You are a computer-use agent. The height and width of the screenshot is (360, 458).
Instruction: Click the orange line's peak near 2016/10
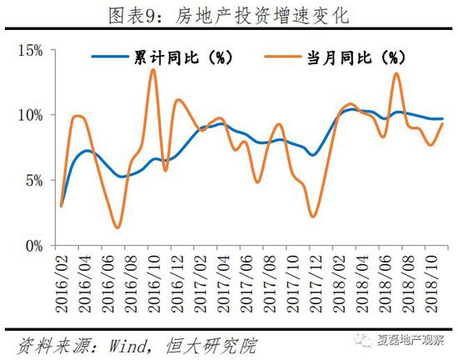point(153,70)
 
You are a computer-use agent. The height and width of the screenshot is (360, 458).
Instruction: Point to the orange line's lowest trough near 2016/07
point(118,227)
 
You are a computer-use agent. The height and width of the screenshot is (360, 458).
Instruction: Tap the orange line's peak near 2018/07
point(396,73)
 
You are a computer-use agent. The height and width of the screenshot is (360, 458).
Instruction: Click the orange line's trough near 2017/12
point(313,217)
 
